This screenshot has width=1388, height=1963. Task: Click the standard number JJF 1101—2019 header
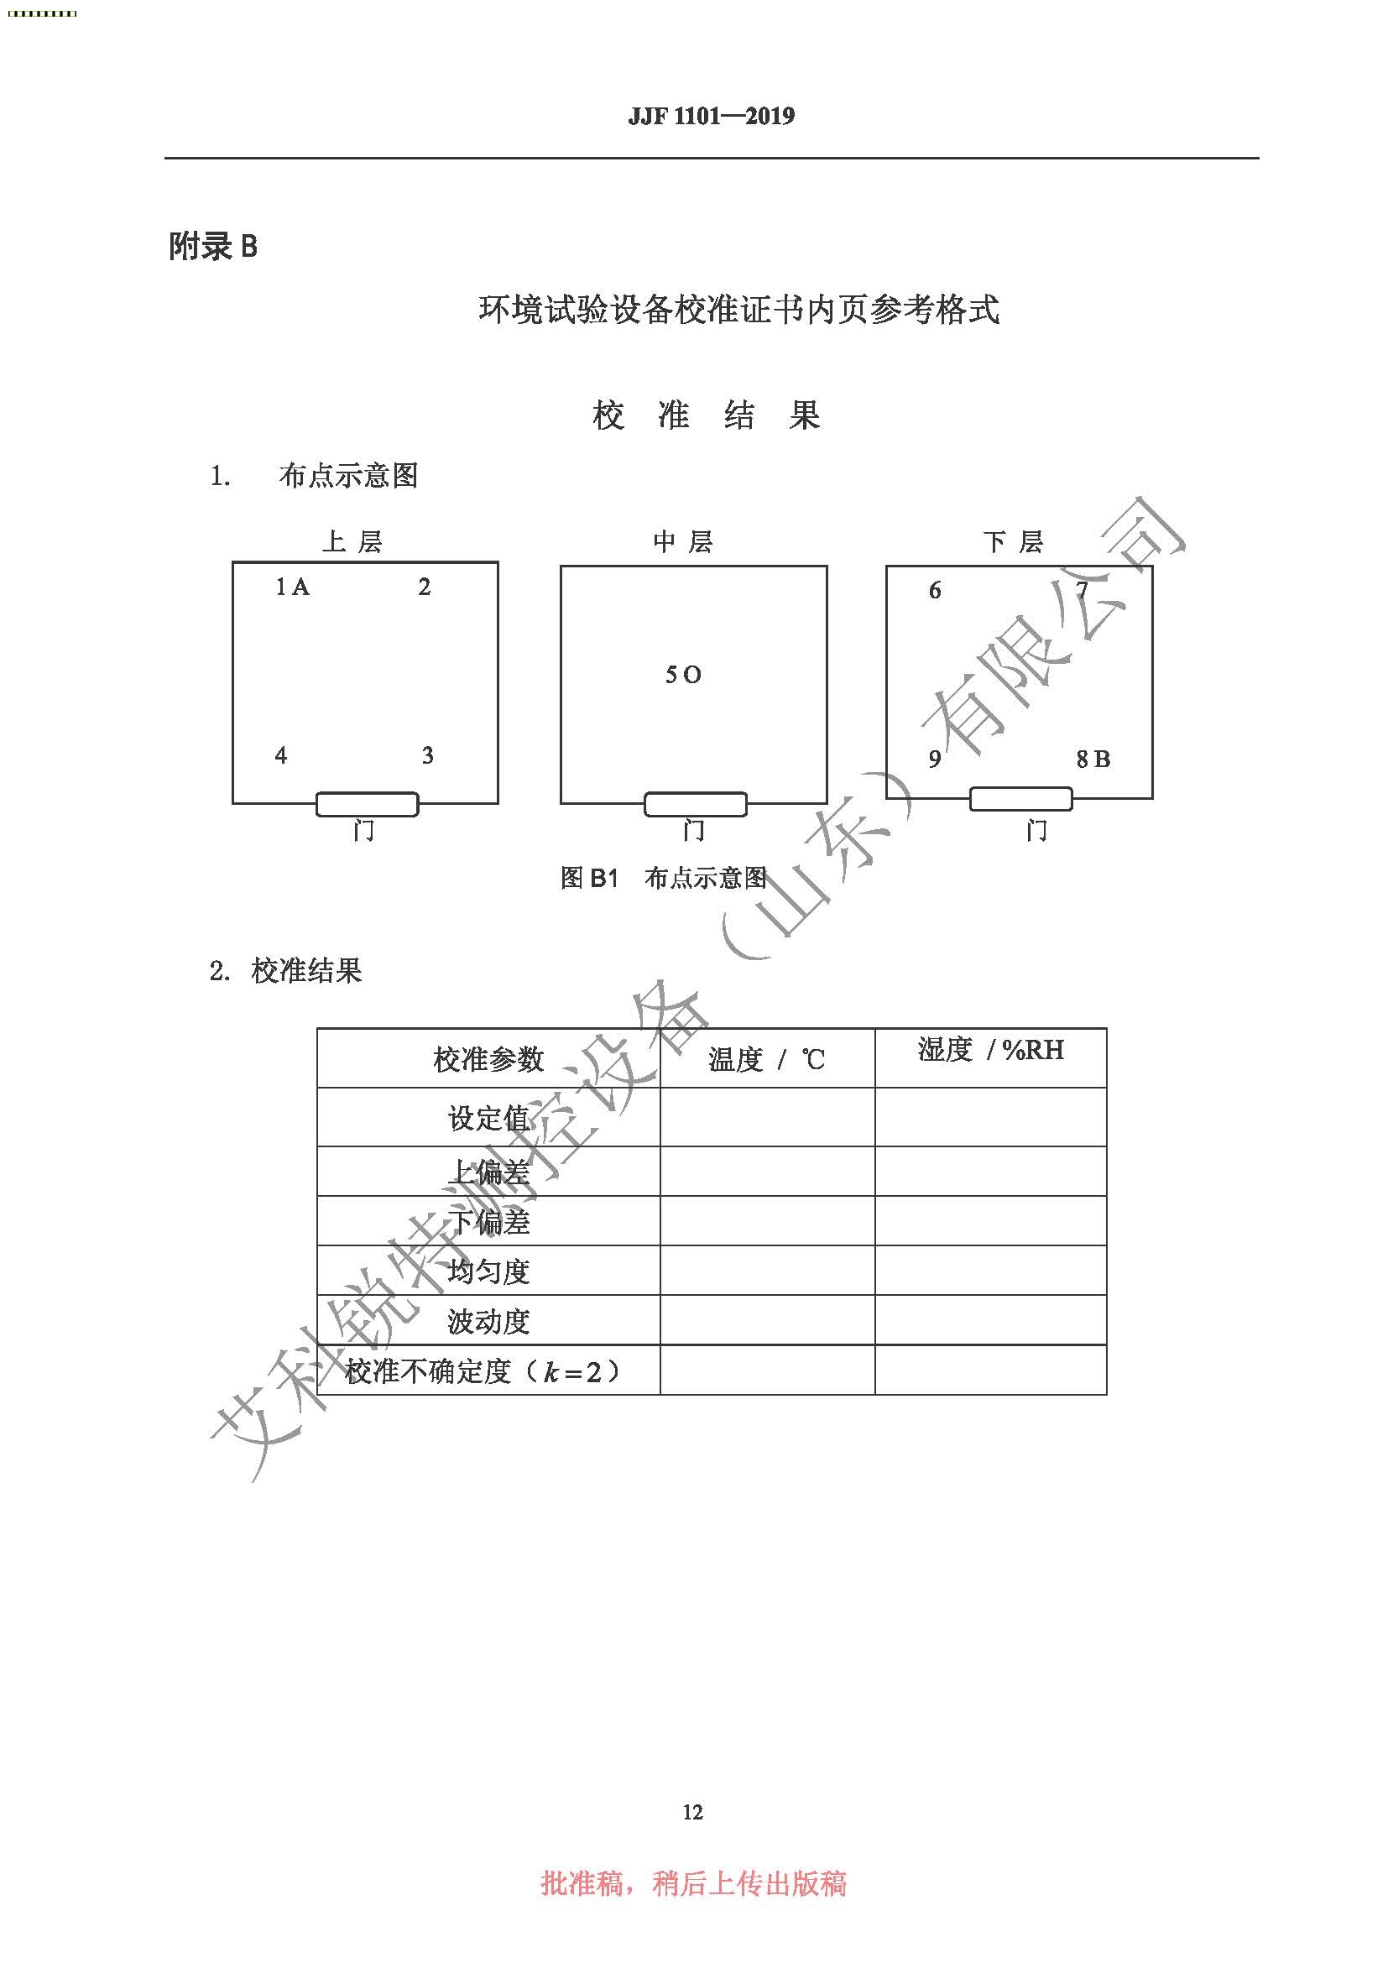click(711, 116)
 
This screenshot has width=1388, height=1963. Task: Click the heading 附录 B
click(213, 247)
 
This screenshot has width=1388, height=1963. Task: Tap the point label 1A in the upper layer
click(291, 587)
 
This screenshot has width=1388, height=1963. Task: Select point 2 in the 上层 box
click(424, 587)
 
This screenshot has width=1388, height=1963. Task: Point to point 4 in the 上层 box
click(281, 755)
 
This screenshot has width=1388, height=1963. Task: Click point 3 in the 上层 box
click(427, 755)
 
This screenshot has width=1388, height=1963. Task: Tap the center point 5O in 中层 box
click(683, 676)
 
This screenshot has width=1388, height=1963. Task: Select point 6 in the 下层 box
click(935, 590)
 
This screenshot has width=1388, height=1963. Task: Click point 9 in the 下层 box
click(935, 759)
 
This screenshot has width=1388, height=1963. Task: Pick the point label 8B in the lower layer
click(1093, 759)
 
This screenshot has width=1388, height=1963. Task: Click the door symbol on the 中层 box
click(695, 805)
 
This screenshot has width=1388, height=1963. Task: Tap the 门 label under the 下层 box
click(1036, 829)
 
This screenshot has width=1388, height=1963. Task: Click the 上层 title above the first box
click(352, 541)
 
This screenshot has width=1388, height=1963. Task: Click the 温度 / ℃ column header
click(767, 1060)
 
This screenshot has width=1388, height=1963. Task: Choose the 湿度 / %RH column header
click(990, 1050)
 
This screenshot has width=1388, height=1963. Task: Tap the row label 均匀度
click(489, 1271)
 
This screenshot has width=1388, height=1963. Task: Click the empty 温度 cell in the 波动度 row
click(768, 1320)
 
